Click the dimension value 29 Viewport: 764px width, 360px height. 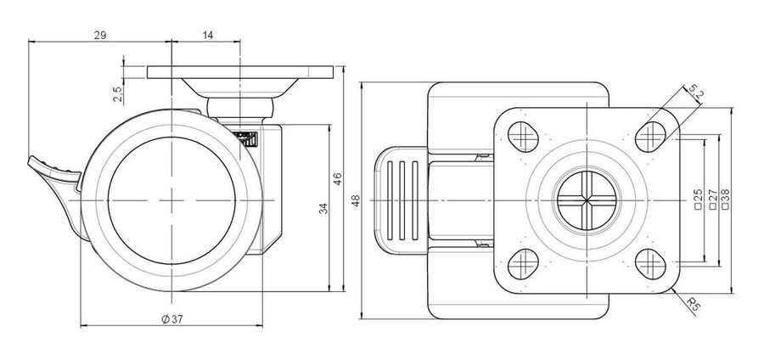[x=100, y=35]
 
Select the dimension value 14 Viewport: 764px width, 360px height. [x=208, y=35]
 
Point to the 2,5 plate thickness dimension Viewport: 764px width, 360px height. [x=117, y=93]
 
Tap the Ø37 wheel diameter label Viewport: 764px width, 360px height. [x=172, y=319]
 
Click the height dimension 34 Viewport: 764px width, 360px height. [x=323, y=208]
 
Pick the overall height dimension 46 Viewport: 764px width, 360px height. [x=338, y=179]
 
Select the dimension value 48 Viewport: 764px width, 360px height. [x=356, y=200]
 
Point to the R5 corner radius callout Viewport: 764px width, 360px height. [x=693, y=305]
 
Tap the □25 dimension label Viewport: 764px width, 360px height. [x=698, y=200]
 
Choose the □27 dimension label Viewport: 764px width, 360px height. [x=712, y=200]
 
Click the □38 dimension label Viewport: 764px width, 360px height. [x=725, y=200]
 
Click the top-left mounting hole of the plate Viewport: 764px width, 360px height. [x=523, y=137]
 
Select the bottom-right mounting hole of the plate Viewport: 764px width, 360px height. [x=651, y=264]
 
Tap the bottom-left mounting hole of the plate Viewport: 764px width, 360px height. [x=523, y=264]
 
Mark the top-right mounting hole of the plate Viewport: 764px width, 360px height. [x=651, y=137]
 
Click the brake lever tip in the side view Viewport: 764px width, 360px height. [x=31, y=160]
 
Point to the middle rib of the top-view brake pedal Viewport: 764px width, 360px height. [x=402, y=200]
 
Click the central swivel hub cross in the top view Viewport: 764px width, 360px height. [x=587, y=200]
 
